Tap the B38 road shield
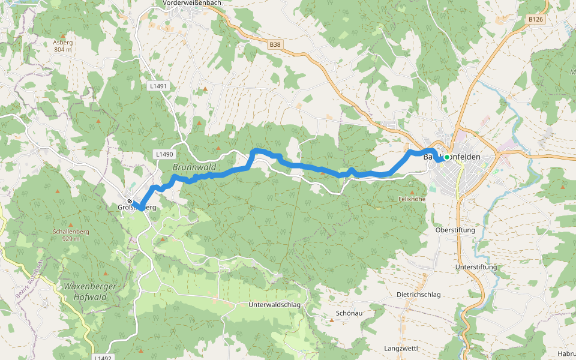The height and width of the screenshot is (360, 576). click(x=275, y=44)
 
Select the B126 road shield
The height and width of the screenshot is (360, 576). click(x=536, y=20)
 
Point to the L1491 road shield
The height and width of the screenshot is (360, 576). click(x=158, y=86)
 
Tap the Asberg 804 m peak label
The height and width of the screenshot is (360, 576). click(x=62, y=46)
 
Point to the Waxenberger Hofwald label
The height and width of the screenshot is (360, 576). click(x=89, y=292)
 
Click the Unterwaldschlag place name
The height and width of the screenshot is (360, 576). click(x=274, y=305)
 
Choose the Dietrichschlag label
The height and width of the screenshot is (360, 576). click(x=419, y=295)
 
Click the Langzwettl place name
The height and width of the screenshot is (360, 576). click(x=400, y=348)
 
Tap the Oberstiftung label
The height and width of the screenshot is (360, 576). click(x=455, y=230)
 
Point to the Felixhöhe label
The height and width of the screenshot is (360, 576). click(x=412, y=198)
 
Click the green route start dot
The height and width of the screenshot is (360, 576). click(x=447, y=157)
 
